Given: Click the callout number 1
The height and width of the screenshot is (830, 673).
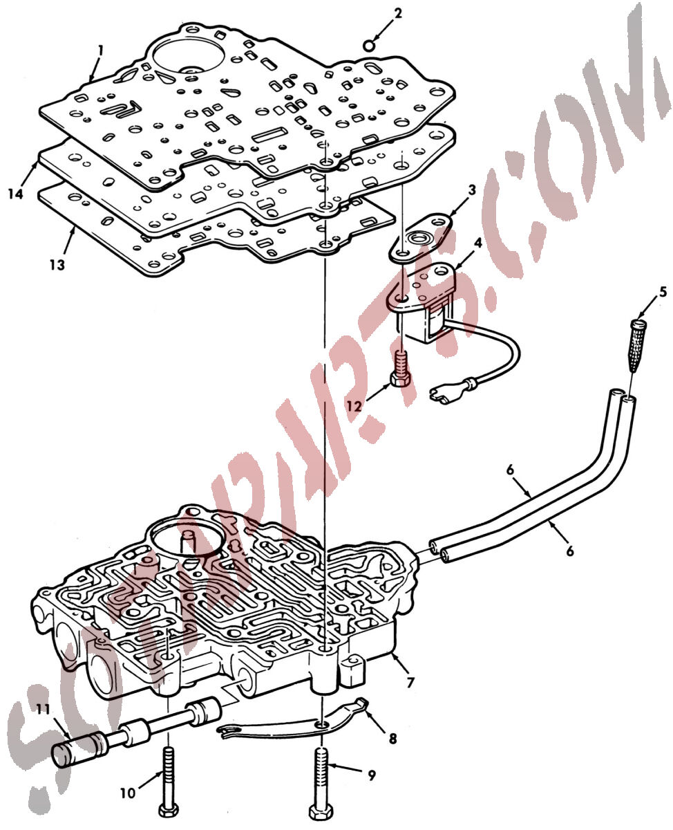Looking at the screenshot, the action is [x=100, y=51].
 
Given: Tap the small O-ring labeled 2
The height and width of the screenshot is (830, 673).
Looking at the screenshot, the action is [x=368, y=45].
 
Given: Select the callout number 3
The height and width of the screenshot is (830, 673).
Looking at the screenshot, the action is [x=472, y=190].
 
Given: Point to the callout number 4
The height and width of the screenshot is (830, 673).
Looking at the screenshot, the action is [x=478, y=243].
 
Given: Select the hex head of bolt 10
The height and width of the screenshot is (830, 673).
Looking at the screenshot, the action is [x=169, y=811].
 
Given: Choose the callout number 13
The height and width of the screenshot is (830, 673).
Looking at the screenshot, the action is [x=57, y=265].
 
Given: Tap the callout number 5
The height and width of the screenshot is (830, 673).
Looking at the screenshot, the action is [x=663, y=292].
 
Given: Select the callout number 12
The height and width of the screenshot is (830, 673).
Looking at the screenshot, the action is [x=354, y=407].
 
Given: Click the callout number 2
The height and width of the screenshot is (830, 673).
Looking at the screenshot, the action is [x=397, y=14].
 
